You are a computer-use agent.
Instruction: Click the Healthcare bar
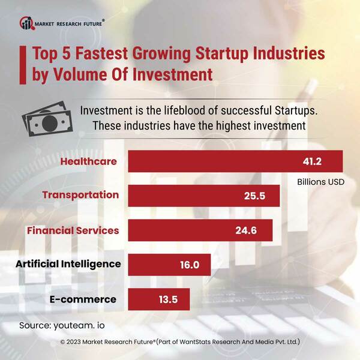(x=235, y=161)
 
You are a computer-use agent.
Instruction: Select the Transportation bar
(x=204, y=196)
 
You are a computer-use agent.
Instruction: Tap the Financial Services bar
(x=200, y=230)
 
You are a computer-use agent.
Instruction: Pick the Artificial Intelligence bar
(x=169, y=265)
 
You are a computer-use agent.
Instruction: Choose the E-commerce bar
(x=159, y=299)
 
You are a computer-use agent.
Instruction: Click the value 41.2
(x=311, y=161)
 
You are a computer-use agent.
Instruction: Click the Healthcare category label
(x=88, y=161)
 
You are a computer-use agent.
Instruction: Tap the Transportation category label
(x=80, y=195)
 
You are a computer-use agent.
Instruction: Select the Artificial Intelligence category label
(x=68, y=264)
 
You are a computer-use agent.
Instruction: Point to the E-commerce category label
(x=82, y=299)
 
